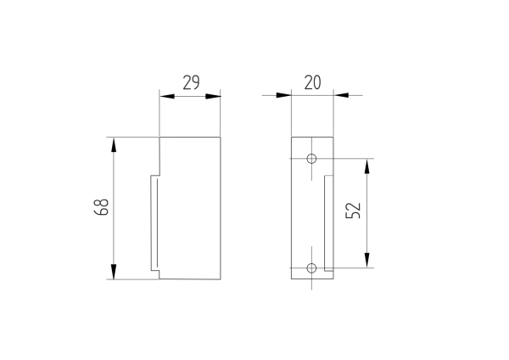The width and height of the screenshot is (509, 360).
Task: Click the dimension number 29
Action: pyautogui.click(x=191, y=82)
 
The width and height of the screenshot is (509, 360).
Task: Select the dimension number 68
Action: pyautogui.click(x=100, y=208)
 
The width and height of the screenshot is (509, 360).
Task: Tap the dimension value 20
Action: pyautogui.click(x=312, y=82)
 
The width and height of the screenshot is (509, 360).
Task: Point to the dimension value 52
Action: pyautogui.click(x=355, y=211)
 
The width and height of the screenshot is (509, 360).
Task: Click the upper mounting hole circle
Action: pyautogui.click(x=311, y=159)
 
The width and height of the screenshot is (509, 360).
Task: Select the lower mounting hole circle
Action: pyautogui.click(x=311, y=268)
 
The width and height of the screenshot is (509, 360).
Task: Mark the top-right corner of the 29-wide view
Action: pyautogui.click(x=221, y=137)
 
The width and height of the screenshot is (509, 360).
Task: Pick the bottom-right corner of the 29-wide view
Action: pyautogui.click(x=221, y=279)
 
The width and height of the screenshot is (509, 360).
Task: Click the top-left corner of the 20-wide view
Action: pyautogui.click(x=291, y=137)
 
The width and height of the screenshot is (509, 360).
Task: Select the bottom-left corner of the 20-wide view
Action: pyautogui.click(x=291, y=279)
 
